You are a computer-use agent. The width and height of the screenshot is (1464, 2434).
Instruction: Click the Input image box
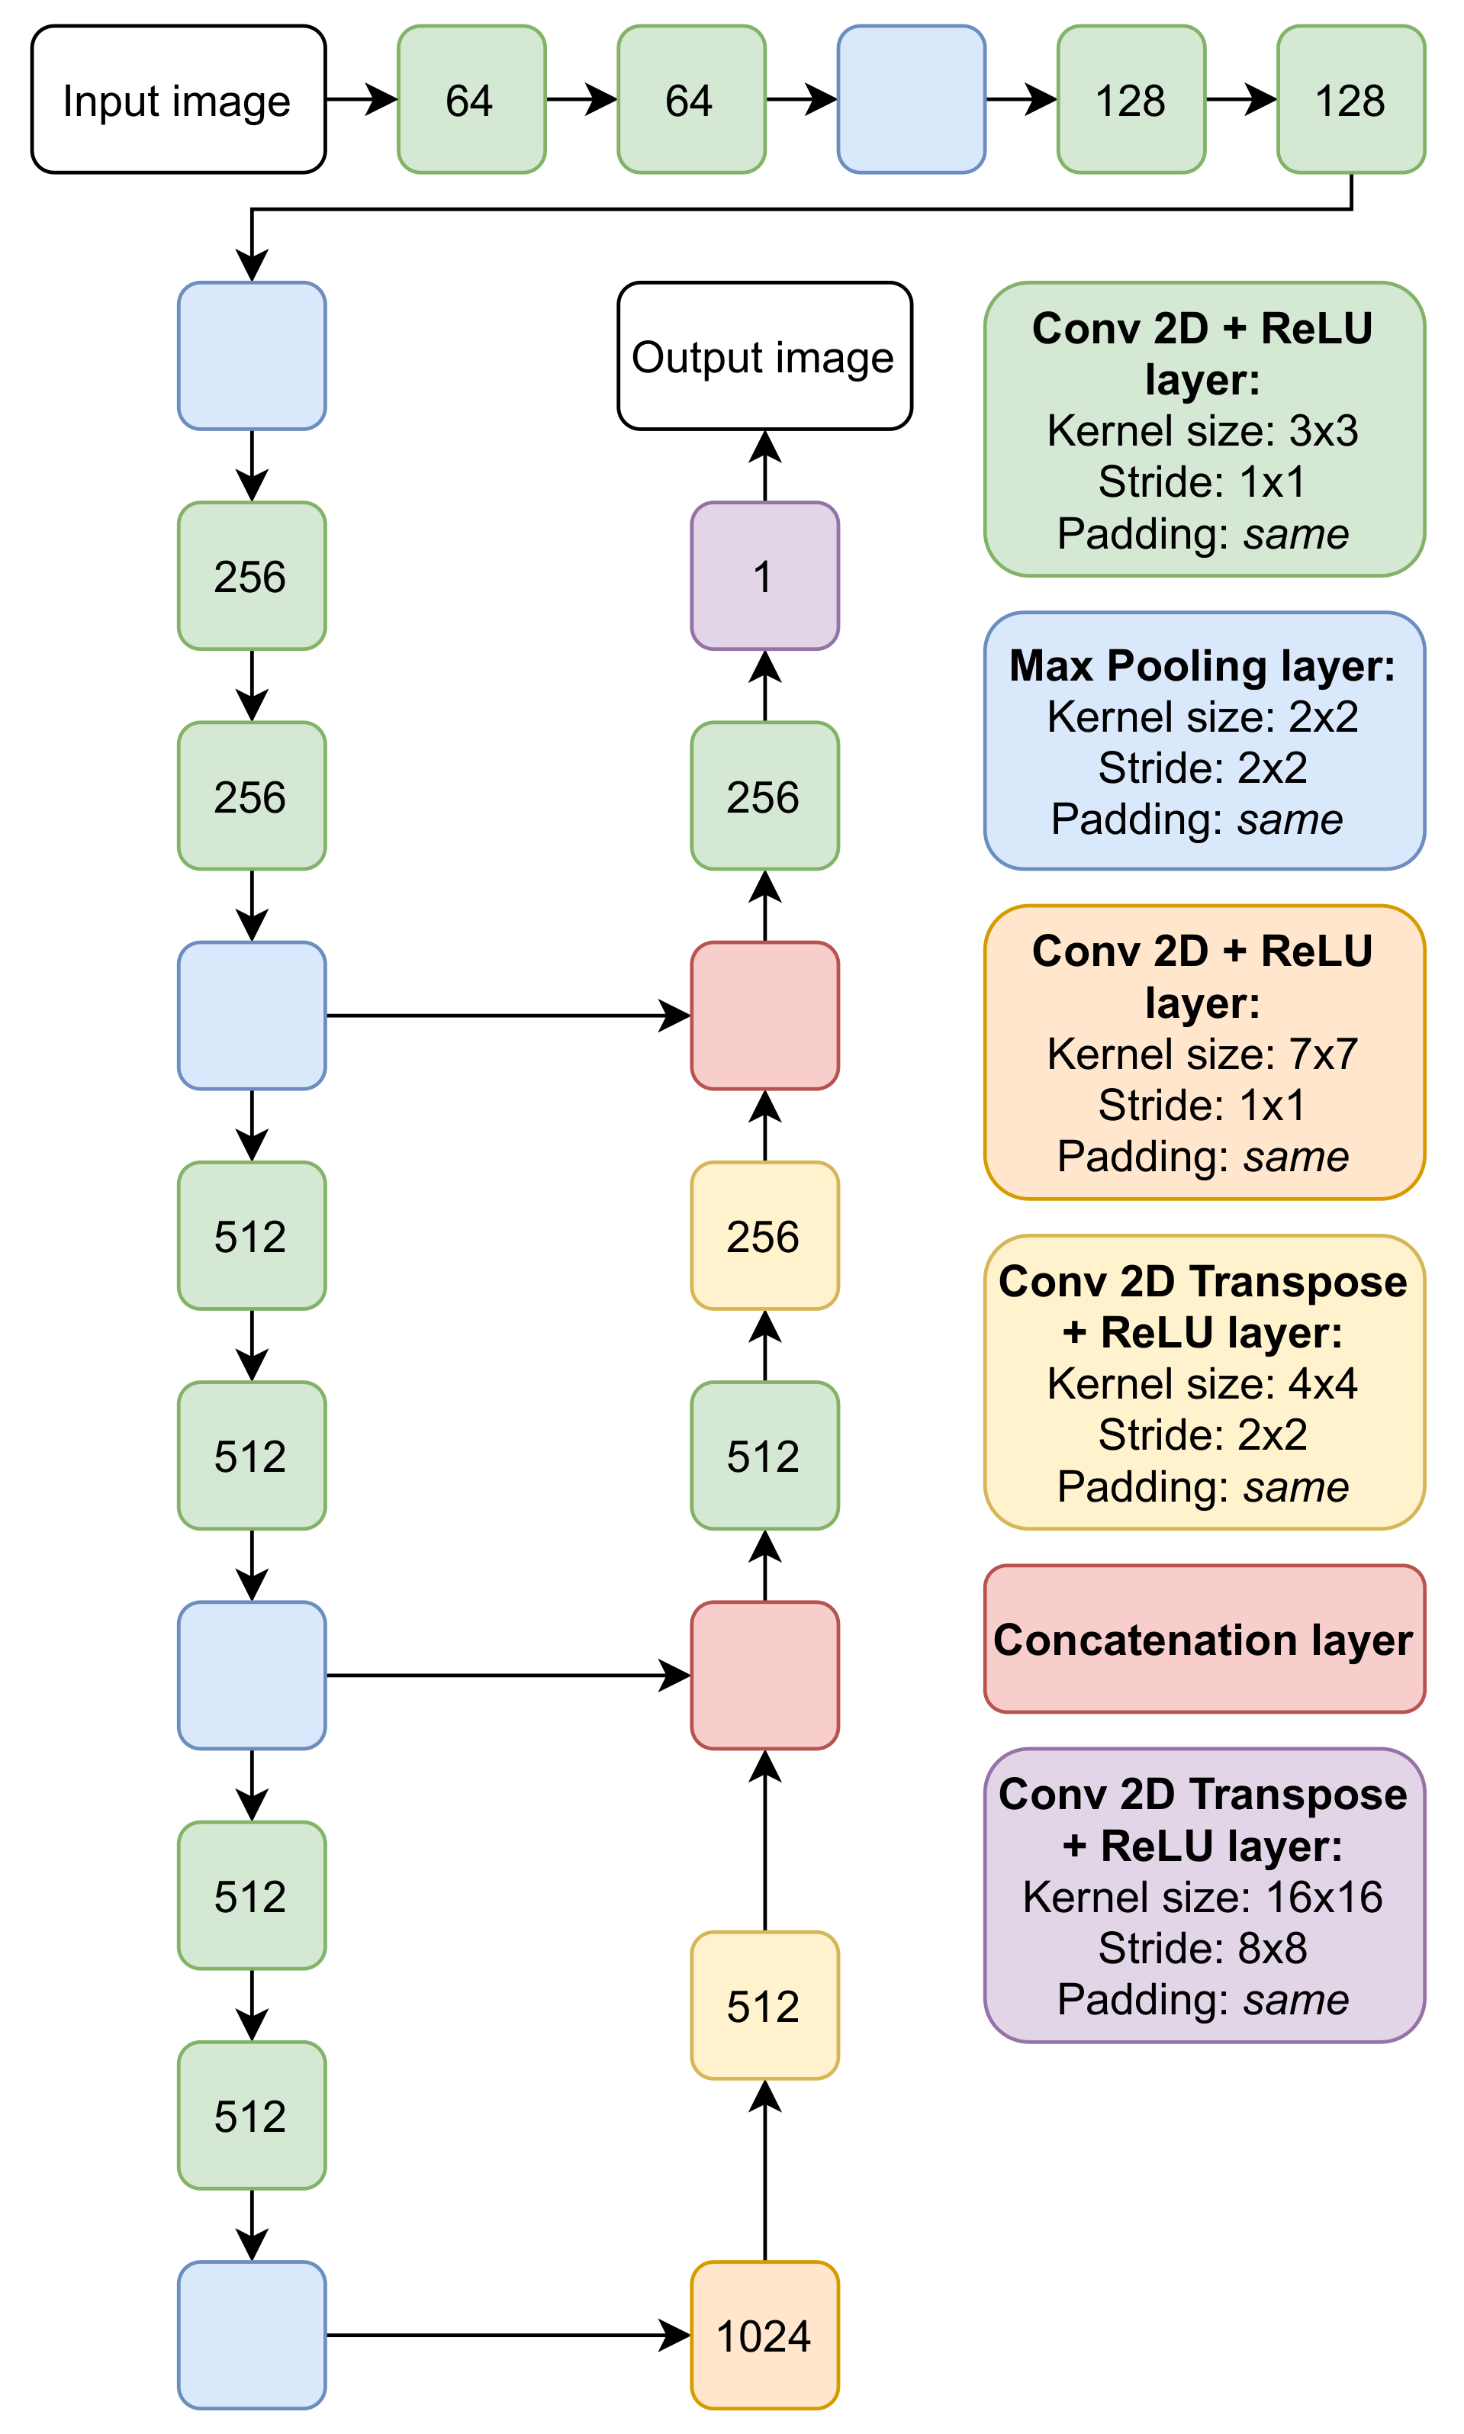[x=179, y=100]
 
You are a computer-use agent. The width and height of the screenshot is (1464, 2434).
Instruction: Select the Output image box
[x=764, y=356]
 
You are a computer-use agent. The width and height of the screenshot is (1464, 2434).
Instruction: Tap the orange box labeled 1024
[x=764, y=2336]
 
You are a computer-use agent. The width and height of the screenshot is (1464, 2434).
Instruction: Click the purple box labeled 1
[x=764, y=576]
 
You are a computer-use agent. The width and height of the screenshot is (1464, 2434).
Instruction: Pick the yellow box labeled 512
[x=764, y=2006]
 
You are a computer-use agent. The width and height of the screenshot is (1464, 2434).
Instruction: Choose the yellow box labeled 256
[x=764, y=1236]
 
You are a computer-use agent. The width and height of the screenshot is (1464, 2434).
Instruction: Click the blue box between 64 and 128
[x=911, y=100]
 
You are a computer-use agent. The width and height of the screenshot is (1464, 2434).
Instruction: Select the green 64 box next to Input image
[x=471, y=100]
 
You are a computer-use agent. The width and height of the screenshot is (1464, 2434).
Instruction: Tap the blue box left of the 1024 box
[x=252, y=2336]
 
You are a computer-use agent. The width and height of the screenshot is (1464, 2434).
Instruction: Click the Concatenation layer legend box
[x=1204, y=1640]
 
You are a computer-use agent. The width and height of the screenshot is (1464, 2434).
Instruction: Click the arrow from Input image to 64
[x=361, y=100]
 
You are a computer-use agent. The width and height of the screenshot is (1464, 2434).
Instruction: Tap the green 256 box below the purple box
[x=764, y=797]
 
